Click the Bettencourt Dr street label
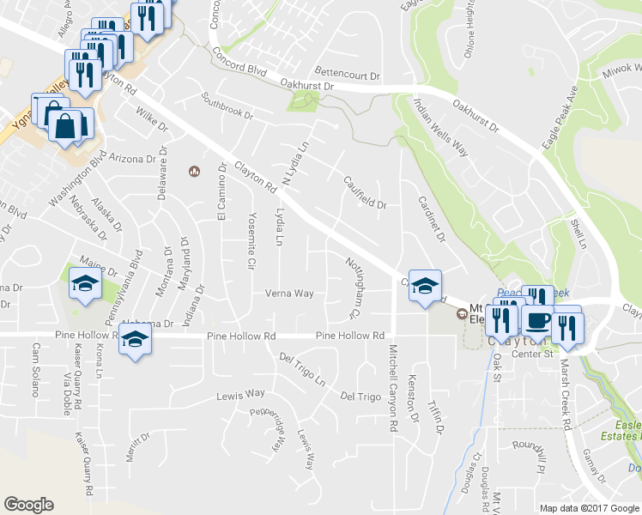coord(347,76)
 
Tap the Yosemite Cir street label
coord(251,241)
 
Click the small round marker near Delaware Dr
coord(194,171)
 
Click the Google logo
coord(28,504)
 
